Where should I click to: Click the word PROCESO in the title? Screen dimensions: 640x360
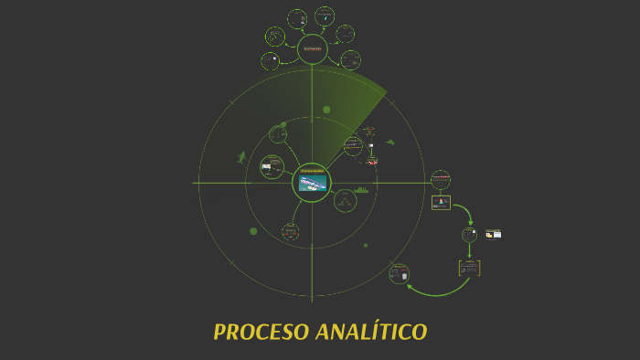[x=260, y=332]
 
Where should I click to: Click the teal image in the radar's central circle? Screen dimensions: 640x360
[x=311, y=184]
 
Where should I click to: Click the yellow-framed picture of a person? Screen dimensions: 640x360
[x=441, y=201]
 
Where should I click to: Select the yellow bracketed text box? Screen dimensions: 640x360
[x=469, y=268]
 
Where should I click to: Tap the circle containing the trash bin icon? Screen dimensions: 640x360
[x=399, y=272]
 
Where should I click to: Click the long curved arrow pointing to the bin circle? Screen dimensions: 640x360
[x=439, y=291]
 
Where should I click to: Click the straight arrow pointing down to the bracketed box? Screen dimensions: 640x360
[x=469, y=250]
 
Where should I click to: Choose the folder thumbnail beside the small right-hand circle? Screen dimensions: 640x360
[x=494, y=234]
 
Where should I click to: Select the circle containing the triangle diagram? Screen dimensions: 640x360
[x=345, y=200]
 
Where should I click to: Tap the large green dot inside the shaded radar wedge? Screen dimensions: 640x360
[x=326, y=110]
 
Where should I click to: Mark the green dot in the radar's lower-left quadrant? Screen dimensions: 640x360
[x=253, y=231]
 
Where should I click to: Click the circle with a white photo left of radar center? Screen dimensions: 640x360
[x=272, y=167]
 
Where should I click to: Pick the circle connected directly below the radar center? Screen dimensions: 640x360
[x=291, y=231]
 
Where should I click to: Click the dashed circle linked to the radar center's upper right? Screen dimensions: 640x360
[x=353, y=145]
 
